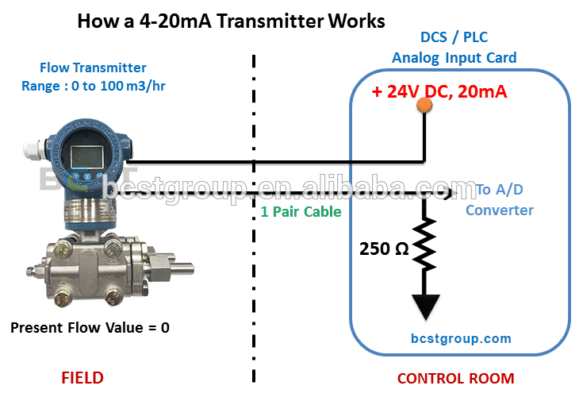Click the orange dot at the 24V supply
tap(424, 105)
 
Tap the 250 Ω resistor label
tap(384, 249)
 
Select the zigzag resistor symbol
tap(424, 244)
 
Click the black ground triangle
tap(426, 306)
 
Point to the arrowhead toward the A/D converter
tap(451, 193)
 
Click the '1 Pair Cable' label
tap(301, 212)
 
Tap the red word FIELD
tap(82, 378)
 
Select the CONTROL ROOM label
tap(456, 379)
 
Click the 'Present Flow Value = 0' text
tap(90, 327)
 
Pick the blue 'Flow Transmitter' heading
tap(93, 67)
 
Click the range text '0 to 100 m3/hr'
tap(118, 86)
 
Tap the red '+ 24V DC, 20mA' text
tap(439, 91)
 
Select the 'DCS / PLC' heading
tap(454, 37)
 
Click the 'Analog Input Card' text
tap(454, 58)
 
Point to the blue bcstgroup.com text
tap(461, 338)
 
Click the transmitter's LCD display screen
tap(86, 156)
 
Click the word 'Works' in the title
tap(357, 21)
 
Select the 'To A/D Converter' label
tap(499, 200)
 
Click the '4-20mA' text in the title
tap(175, 21)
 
